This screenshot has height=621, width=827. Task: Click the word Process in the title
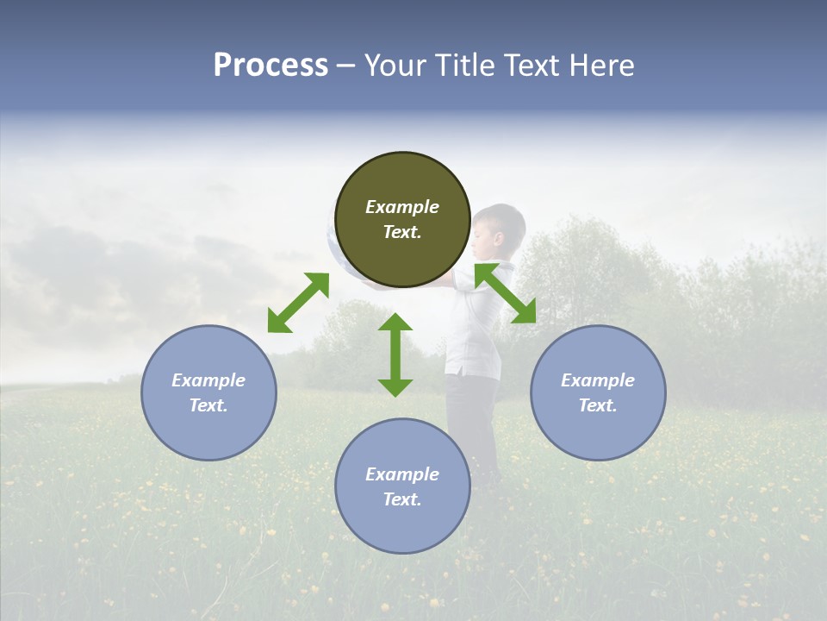[270, 66]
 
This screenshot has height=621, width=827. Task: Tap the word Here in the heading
[600, 66]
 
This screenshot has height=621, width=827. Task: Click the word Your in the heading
[395, 66]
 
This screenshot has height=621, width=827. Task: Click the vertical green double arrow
[395, 354]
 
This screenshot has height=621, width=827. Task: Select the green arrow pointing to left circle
[298, 303]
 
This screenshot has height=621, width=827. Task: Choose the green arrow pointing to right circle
[506, 293]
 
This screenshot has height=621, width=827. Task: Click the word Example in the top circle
[402, 207]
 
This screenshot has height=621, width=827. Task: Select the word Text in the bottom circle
[402, 499]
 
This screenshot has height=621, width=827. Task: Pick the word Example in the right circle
[598, 380]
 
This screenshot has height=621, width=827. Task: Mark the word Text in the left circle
[208, 405]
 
